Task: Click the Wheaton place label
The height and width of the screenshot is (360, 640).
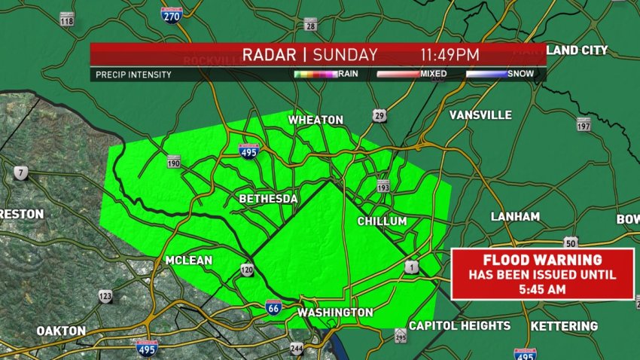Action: (x=316, y=120)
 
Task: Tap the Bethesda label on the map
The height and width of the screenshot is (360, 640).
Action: (x=268, y=199)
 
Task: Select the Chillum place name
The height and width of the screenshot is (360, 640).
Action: (x=382, y=221)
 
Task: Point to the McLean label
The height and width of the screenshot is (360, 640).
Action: (x=188, y=261)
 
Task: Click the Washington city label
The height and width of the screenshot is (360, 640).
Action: (x=335, y=312)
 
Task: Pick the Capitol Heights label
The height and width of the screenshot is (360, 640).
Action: (x=459, y=325)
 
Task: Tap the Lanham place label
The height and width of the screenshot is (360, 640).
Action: (x=515, y=216)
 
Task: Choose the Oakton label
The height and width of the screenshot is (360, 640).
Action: (x=61, y=331)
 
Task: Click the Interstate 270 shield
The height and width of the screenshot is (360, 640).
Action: (x=172, y=14)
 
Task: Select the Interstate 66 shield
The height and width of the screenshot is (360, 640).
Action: (x=276, y=307)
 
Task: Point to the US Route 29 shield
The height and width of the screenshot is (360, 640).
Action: (x=379, y=115)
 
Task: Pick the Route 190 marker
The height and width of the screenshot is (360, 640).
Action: (x=174, y=162)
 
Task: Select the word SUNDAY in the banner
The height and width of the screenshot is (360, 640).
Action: (x=346, y=54)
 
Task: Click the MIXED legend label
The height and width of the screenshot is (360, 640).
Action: (x=434, y=74)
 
